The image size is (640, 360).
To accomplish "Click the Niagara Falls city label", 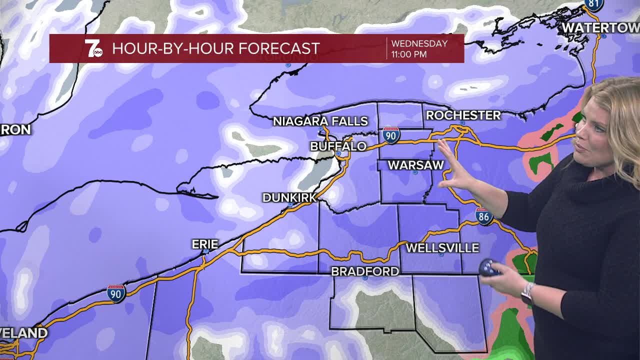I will (320, 121).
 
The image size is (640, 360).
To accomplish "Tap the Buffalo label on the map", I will (338, 146).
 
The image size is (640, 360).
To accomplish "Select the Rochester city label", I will (463, 115).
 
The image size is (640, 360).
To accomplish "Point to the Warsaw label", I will (415, 165).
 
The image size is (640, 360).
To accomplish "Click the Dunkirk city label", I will (289, 198).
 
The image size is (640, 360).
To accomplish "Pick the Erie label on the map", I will (205, 244).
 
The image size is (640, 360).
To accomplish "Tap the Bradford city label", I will (365, 271).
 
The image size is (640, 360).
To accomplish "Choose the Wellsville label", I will (442, 248).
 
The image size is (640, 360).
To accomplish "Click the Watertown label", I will (600, 28).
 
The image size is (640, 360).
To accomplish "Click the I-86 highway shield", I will (483, 216).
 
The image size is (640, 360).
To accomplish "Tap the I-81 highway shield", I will (593, 4).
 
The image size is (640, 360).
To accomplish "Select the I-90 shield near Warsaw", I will (390, 135).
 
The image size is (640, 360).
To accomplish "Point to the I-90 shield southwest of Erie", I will (115, 293).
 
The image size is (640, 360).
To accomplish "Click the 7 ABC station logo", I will (93, 48).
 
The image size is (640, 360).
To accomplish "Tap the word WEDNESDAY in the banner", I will (419, 43).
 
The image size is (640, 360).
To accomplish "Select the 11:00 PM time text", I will (408, 54).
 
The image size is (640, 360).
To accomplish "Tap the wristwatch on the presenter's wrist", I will (527, 293).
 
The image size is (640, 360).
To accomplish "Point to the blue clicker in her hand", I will (488, 268).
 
